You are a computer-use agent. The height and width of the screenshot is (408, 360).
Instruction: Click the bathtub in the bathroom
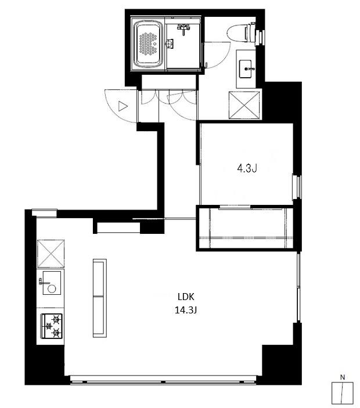148,44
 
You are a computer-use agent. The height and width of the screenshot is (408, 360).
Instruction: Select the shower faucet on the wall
183,28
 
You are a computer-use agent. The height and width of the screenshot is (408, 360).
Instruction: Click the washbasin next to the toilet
246,69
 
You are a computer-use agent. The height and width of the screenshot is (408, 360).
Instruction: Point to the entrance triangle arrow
123,106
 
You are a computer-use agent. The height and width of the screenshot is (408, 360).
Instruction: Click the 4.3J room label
247,169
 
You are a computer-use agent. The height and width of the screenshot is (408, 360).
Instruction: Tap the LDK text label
186,297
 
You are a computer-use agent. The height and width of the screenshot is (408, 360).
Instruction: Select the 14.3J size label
186,310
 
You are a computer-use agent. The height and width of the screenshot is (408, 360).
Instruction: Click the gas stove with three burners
51,326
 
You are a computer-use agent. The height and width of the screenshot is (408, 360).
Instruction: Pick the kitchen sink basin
52,283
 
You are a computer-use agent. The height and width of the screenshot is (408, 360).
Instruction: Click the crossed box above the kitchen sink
51,254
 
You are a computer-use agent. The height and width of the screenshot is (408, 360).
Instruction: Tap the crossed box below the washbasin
244,106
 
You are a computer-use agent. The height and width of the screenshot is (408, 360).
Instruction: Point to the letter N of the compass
343,377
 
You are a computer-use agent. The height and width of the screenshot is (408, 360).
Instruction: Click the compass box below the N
343,393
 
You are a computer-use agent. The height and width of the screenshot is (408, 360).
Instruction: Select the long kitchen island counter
100,298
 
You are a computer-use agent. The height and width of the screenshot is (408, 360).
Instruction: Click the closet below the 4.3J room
245,228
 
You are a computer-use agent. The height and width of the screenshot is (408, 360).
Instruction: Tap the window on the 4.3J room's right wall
297,187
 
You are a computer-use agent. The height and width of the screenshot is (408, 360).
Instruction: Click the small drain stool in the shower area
170,44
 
